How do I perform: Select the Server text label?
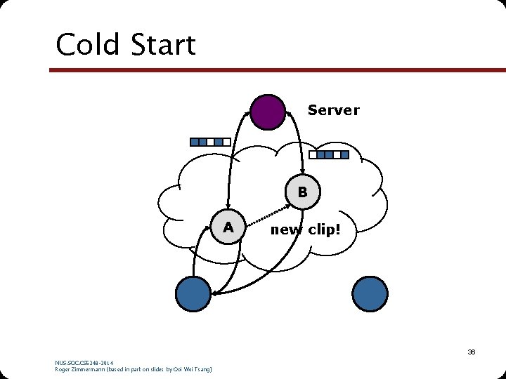(333, 110)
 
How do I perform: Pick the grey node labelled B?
(302, 191)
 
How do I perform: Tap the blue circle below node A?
(193, 293)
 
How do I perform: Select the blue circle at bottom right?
(370, 293)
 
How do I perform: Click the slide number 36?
(472, 352)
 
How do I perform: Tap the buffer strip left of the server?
(209, 142)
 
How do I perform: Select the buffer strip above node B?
(328, 154)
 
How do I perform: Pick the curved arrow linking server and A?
(231, 154)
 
